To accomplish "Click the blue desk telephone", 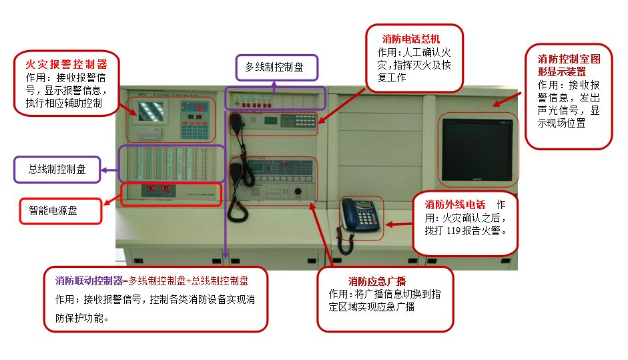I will pos(361,214).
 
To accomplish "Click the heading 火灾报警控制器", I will pos(66,64).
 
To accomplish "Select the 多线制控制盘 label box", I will pos(274,67).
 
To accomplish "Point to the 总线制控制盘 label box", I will pos(57,170).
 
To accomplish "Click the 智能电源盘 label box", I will pos(53,210).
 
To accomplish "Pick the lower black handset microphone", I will pos(235,175).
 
